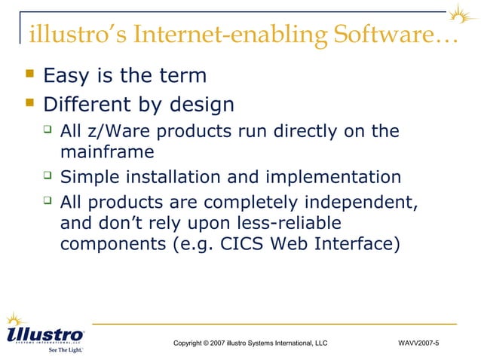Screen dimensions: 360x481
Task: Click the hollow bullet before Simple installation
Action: coord(47,176)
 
